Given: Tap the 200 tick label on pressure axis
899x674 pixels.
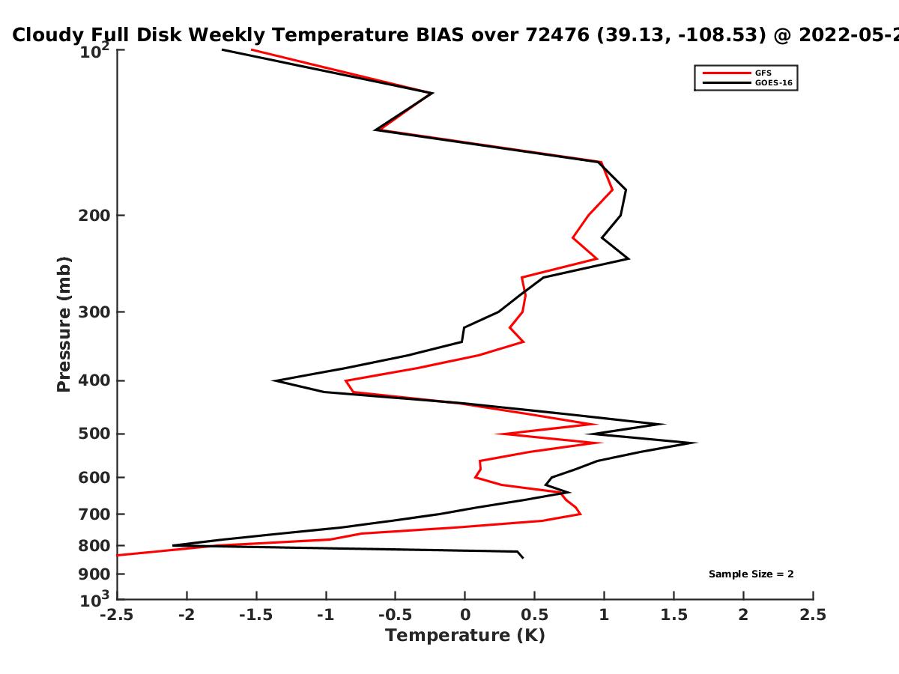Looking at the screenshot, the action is pyautogui.click(x=94, y=216).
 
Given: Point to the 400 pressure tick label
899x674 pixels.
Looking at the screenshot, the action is pyautogui.click(x=94, y=380).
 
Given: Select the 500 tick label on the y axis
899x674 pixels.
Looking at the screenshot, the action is pyautogui.click(x=94, y=434).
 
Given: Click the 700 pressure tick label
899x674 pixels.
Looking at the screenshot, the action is pyautogui.click(x=94, y=514).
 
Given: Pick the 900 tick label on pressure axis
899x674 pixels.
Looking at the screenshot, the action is pyautogui.click(x=94, y=574).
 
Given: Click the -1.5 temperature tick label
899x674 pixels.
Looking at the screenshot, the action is pyautogui.click(x=256, y=615).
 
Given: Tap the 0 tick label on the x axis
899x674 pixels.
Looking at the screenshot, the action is pyautogui.click(x=465, y=615).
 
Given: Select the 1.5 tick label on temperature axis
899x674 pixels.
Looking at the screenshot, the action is pyautogui.click(x=674, y=615).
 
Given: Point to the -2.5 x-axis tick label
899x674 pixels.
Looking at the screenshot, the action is pyautogui.click(x=117, y=615).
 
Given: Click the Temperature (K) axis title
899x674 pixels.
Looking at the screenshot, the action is pyautogui.click(x=465, y=636).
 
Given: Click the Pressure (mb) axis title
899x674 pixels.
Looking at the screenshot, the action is pyautogui.click(x=64, y=324).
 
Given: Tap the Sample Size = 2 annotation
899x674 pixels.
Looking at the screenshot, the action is pyautogui.click(x=751, y=574).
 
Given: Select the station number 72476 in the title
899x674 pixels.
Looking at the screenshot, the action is pyautogui.click(x=557, y=35).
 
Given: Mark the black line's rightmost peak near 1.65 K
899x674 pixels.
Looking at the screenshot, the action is pyautogui.click(x=695, y=443).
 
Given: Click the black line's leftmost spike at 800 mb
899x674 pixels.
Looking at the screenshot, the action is pyautogui.click(x=173, y=545).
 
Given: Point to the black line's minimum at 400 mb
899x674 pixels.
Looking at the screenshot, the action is pyautogui.click(x=273, y=381).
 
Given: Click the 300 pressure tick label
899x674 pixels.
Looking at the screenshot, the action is pyautogui.click(x=94, y=312).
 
